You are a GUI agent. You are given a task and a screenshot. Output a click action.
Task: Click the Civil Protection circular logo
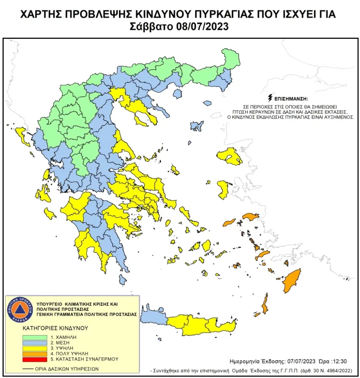pyautogui.click(x=19, y=310)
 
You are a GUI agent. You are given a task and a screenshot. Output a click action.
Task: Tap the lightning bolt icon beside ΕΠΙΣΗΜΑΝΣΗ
pyautogui.click(x=269, y=98)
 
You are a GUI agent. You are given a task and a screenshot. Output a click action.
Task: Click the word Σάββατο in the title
pyautogui.click(x=151, y=26)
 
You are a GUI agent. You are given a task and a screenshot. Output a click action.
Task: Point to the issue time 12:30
pyautogui.click(x=333, y=361)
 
